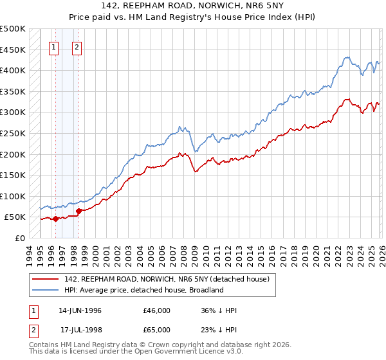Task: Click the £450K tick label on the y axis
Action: tap(13, 50)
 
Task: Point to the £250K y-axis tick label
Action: tap(13, 133)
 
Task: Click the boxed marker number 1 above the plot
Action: tap(54, 46)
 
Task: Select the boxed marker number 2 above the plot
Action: tap(77, 46)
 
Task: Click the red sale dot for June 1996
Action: tap(55, 219)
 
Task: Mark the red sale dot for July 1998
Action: tap(78, 210)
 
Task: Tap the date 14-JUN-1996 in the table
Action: tap(80, 310)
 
